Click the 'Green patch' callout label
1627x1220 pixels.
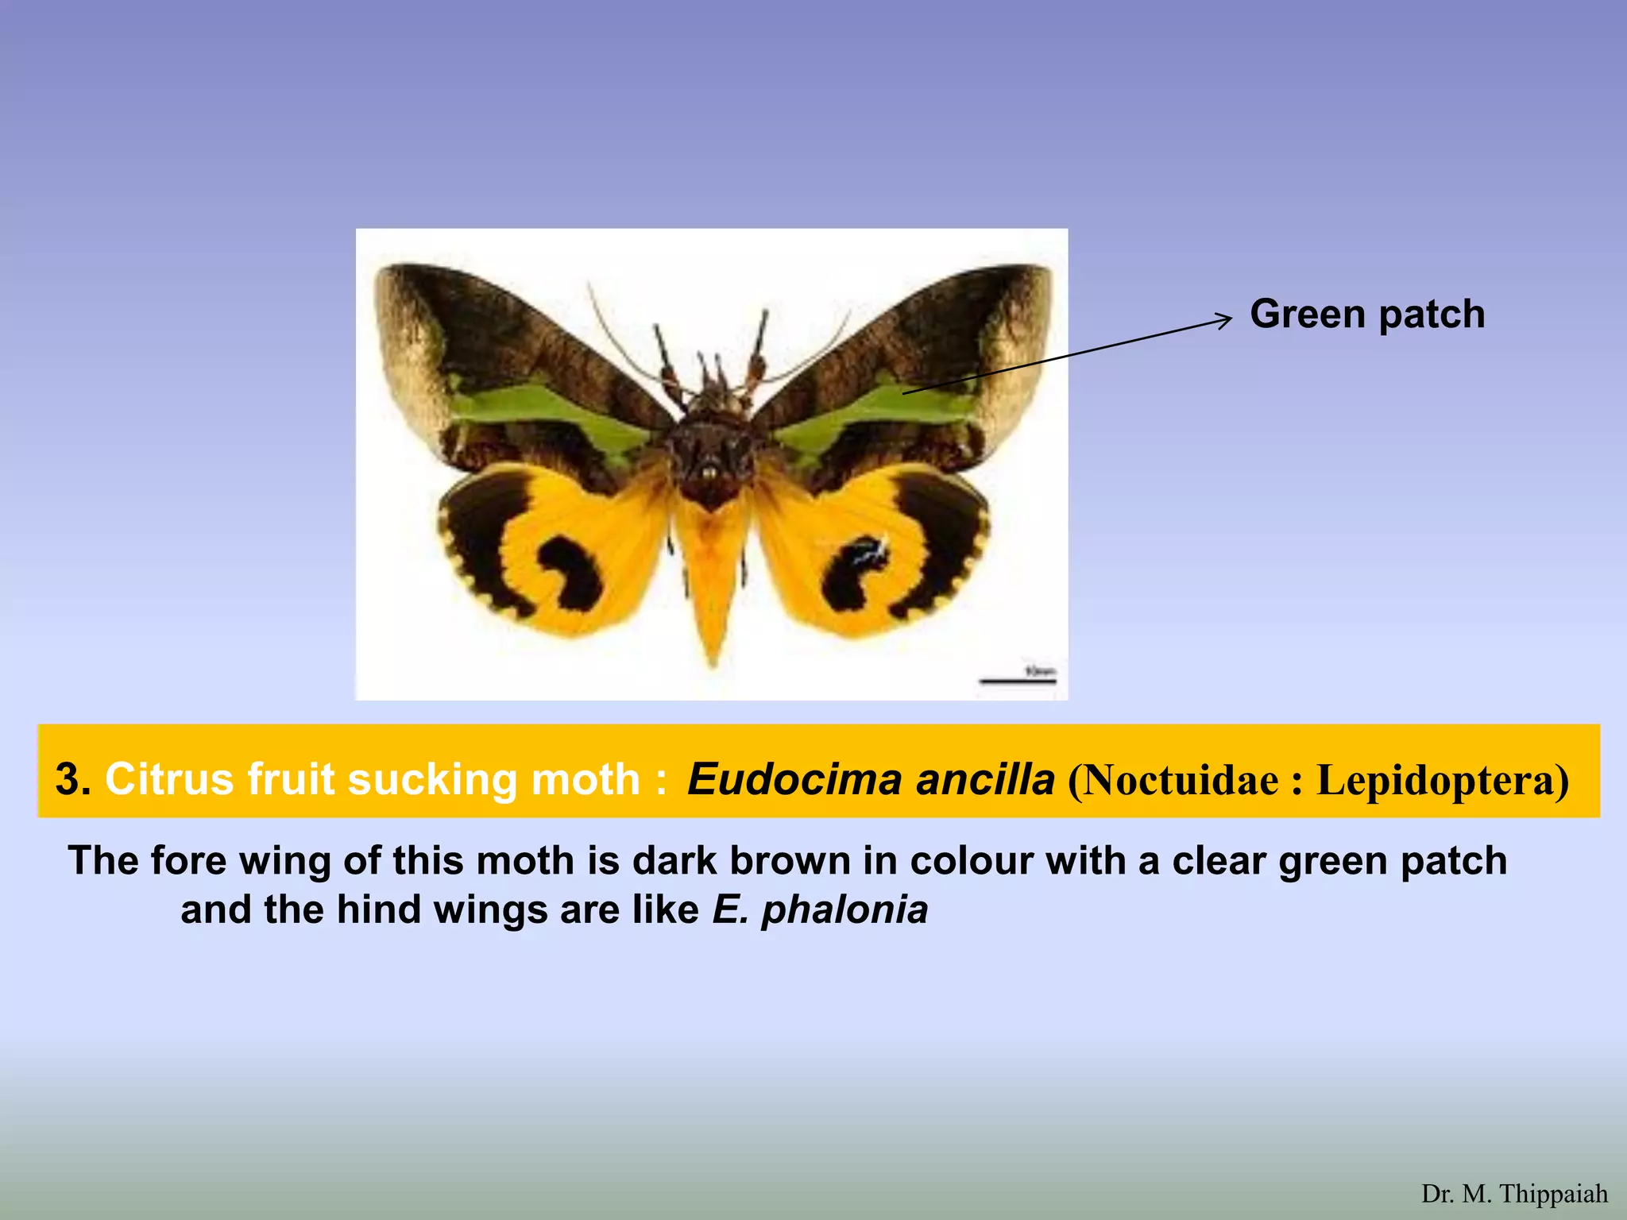[1366, 314]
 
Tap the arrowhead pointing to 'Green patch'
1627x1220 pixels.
[1226, 319]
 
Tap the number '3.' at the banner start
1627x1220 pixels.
[73, 779]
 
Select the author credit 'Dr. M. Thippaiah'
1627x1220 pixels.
[1514, 1194]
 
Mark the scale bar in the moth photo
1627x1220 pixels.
[1018, 681]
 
